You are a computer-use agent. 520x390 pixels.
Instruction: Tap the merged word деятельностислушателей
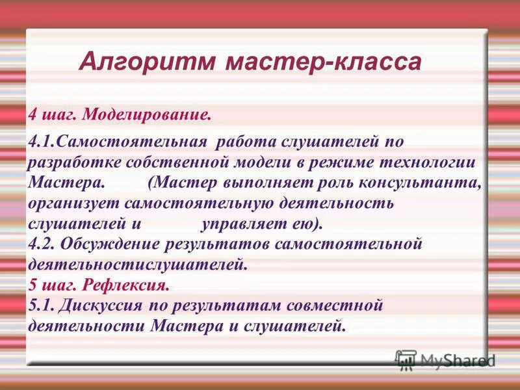[x=137, y=265]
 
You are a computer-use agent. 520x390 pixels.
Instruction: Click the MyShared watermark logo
[x=445, y=359]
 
